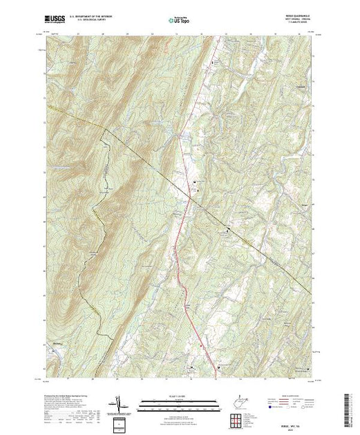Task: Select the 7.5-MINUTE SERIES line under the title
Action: pos(298,24)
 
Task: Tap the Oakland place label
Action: pos(299,86)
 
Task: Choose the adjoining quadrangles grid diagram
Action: pos(236,416)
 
